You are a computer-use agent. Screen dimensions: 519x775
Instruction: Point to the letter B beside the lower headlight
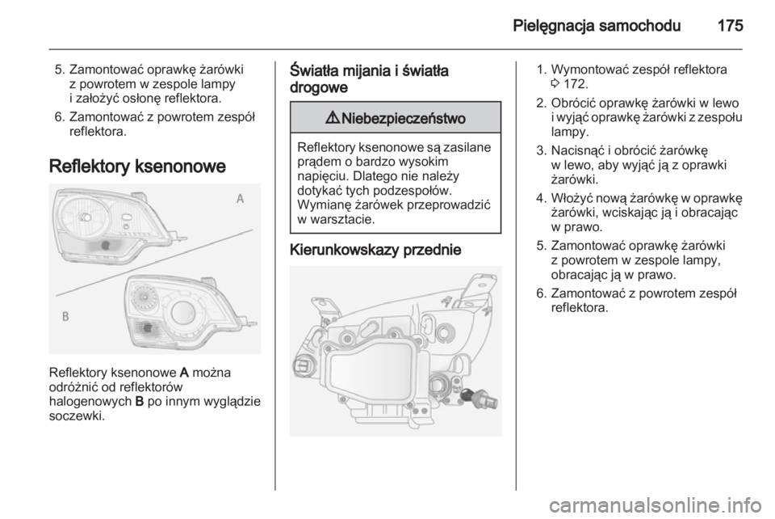coord(65,317)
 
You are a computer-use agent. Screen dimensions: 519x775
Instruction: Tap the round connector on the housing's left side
coord(303,365)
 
